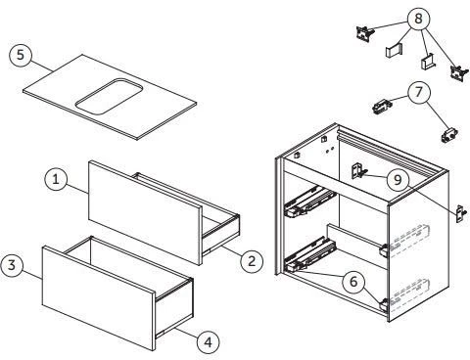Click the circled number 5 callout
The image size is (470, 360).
point(21,55)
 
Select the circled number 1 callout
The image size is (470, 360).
point(56,179)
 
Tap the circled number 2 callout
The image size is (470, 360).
point(252,261)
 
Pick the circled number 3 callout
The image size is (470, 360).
point(12,265)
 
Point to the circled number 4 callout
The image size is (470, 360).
point(208,342)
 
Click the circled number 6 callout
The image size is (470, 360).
point(353,282)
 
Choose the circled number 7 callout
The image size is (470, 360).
point(419,92)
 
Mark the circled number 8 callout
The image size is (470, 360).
point(418,19)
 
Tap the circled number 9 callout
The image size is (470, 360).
point(398,179)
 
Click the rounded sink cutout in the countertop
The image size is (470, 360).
point(109,97)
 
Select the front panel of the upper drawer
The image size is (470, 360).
point(145,212)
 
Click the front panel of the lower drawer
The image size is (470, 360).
point(99,298)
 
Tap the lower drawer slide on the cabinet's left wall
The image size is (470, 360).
point(309,255)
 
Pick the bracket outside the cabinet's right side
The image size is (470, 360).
point(461,214)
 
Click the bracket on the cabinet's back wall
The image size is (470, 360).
point(358,171)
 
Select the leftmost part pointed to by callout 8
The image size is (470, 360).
point(364,33)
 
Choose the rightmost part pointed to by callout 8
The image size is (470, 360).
point(459,72)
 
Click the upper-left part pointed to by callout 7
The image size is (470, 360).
point(382,107)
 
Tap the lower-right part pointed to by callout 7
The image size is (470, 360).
point(449,134)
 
